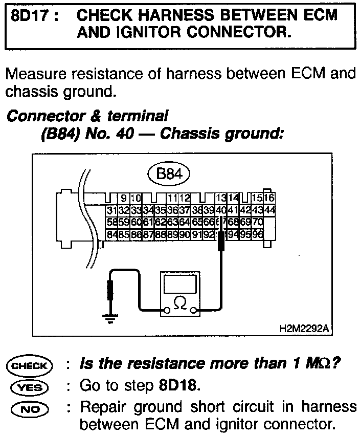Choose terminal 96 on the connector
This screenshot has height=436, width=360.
257,234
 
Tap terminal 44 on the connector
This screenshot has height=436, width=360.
269,211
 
